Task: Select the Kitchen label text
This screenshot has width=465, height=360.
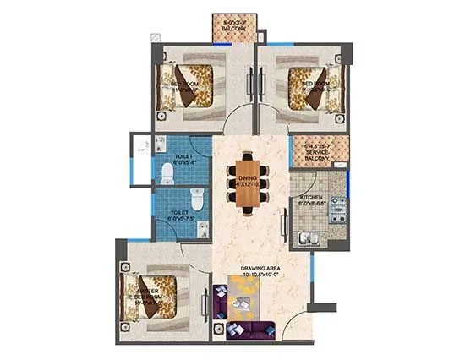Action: [x=312, y=201]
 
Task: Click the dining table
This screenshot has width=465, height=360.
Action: [x=246, y=182]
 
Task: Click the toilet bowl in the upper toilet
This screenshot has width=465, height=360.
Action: [x=167, y=173]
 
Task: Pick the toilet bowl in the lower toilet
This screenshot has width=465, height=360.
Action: [x=197, y=201]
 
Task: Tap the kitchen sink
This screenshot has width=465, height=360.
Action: [x=309, y=237]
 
